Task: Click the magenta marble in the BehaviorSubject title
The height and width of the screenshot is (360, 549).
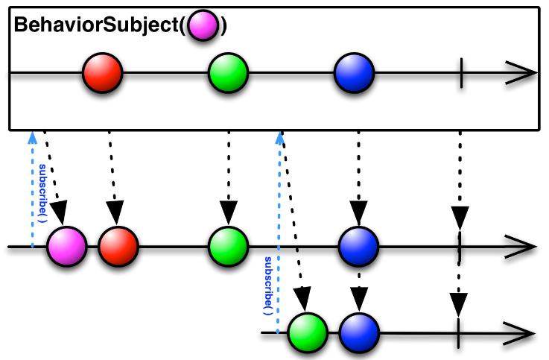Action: (203, 25)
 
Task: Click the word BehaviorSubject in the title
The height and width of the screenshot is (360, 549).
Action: (97, 25)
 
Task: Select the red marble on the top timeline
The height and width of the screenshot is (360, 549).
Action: (103, 73)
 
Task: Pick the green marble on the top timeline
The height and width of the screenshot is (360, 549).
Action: (228, 73)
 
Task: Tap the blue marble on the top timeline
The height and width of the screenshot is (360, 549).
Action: (354, 73)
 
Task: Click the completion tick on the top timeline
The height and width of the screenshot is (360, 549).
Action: (461, 73)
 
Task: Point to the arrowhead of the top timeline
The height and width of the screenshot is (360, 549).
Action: (521, 73)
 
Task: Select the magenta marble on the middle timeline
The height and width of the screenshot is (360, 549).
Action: (66, 247)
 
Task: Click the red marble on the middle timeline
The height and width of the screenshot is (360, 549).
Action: (118, 247)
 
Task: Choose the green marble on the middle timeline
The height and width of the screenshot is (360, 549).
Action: (228, 247)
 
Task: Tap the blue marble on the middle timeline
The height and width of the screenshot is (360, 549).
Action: (358, 247)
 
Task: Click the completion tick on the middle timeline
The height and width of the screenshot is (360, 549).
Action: (460, 247)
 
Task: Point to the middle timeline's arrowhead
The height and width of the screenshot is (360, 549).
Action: (521, 247)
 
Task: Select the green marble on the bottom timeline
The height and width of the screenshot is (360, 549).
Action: (308, 332)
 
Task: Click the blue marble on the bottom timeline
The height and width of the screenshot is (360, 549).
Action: (359, 332)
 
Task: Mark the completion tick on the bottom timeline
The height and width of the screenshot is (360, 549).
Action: (458, 333)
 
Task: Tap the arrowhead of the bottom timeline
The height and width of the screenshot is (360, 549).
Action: (520, 333)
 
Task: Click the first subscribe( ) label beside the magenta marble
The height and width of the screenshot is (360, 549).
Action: (42, 193)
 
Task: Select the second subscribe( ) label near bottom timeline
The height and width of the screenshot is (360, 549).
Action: (268, 285)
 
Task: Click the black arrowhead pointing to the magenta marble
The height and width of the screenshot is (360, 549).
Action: (60, 212)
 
